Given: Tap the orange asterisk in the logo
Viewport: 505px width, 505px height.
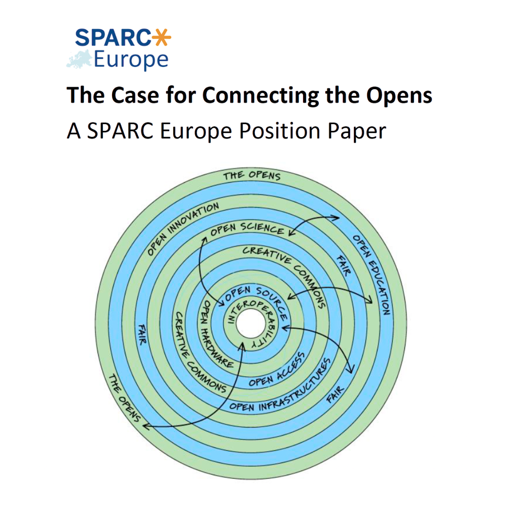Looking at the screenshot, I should (161, 37).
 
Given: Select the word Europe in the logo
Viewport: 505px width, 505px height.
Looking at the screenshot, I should (131, 60).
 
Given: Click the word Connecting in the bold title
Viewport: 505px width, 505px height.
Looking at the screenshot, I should (260, 95).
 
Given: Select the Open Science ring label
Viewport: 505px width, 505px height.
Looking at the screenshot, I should (247, 229).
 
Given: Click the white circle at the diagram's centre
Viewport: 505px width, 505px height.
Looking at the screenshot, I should (251, 324).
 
